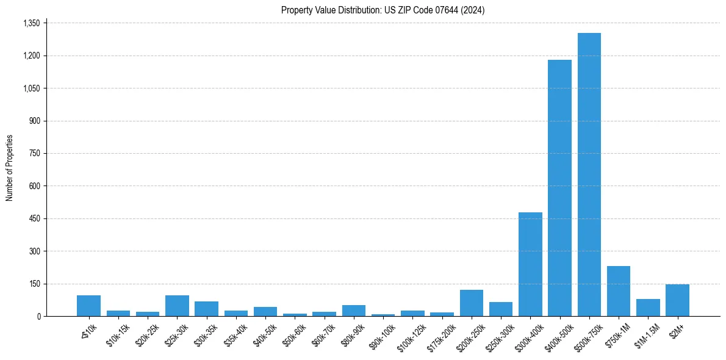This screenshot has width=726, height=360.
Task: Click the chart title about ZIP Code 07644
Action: coord(383,10)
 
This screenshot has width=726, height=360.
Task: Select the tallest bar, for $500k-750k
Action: coord(589,175)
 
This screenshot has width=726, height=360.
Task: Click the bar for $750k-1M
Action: coord(619,291)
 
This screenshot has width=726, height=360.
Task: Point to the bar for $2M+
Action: coord(677,300)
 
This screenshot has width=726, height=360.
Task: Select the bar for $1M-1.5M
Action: coord(648,308)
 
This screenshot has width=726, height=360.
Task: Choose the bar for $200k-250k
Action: coord(472,303)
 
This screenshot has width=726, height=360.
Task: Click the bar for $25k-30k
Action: coord(177,306)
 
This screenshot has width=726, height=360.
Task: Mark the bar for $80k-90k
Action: coord(354,311)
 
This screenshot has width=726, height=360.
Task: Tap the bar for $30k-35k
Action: coord(206,309)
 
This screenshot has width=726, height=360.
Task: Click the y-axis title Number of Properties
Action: coord(10,168)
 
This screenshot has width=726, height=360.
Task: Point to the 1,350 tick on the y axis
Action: coord(31,23)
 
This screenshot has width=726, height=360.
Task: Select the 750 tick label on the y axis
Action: coord(34,153)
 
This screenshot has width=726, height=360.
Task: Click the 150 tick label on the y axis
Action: coord(34,284)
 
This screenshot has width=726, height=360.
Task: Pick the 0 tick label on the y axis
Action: coord(38,316)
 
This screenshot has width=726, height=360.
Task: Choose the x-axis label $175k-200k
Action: coord(440,335)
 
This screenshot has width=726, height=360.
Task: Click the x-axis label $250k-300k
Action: coord(500,335)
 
